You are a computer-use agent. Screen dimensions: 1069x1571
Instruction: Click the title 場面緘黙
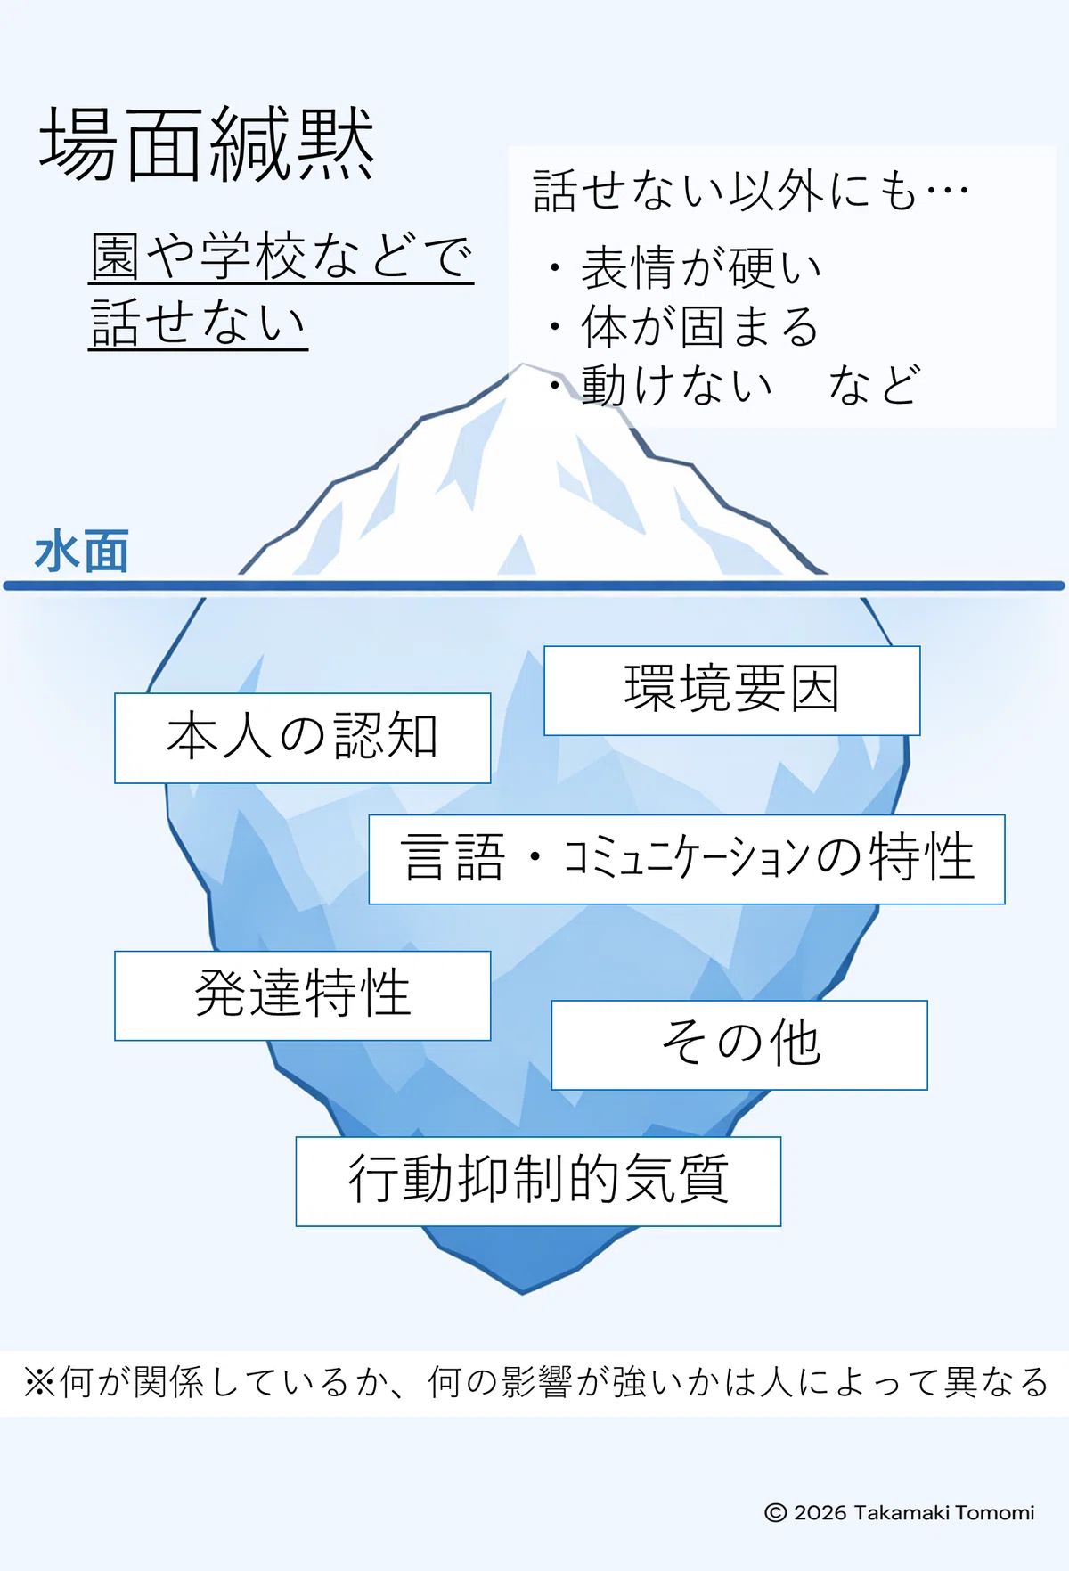[207, 144]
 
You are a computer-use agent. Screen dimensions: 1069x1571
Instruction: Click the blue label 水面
[82, 551]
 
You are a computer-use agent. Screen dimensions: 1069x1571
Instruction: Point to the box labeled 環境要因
[731, 691]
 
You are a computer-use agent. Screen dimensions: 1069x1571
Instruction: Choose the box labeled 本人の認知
[303, 738]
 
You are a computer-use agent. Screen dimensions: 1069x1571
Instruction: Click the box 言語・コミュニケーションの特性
[687, 859]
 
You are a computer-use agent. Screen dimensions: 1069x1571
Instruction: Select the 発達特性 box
[303, 995]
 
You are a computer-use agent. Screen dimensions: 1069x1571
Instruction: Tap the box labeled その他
[739, 1044]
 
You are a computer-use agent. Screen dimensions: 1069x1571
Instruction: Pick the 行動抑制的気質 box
[538, 1181]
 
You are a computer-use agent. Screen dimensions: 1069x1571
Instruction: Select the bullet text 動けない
[676, 385]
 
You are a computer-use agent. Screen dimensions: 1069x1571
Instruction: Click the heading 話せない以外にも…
[751, 191]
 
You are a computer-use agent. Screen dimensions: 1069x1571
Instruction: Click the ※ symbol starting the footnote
[40, 1382]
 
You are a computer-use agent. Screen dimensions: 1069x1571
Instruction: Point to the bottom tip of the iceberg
[523, 1293]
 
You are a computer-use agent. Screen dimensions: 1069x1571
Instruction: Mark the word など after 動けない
[873, 385]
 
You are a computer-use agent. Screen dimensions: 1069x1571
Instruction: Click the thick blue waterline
[534, 585]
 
